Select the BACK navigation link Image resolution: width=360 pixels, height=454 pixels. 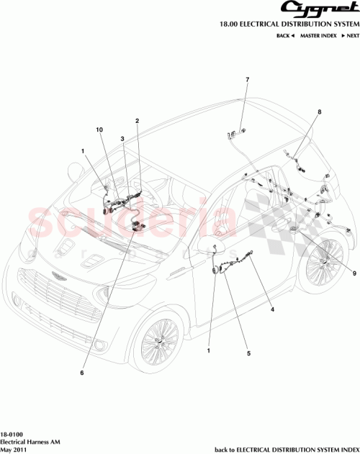point(287,35)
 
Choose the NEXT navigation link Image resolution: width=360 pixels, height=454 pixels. point(351,35)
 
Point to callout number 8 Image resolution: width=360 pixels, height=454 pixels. point(320,112)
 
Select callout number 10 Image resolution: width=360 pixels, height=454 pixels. point(101,130)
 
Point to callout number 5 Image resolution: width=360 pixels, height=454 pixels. point(248,353)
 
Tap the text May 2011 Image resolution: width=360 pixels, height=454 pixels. point(13,449)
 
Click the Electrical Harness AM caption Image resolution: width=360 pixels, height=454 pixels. point(28,442)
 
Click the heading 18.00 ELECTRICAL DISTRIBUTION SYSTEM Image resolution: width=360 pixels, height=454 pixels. point(291,24)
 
